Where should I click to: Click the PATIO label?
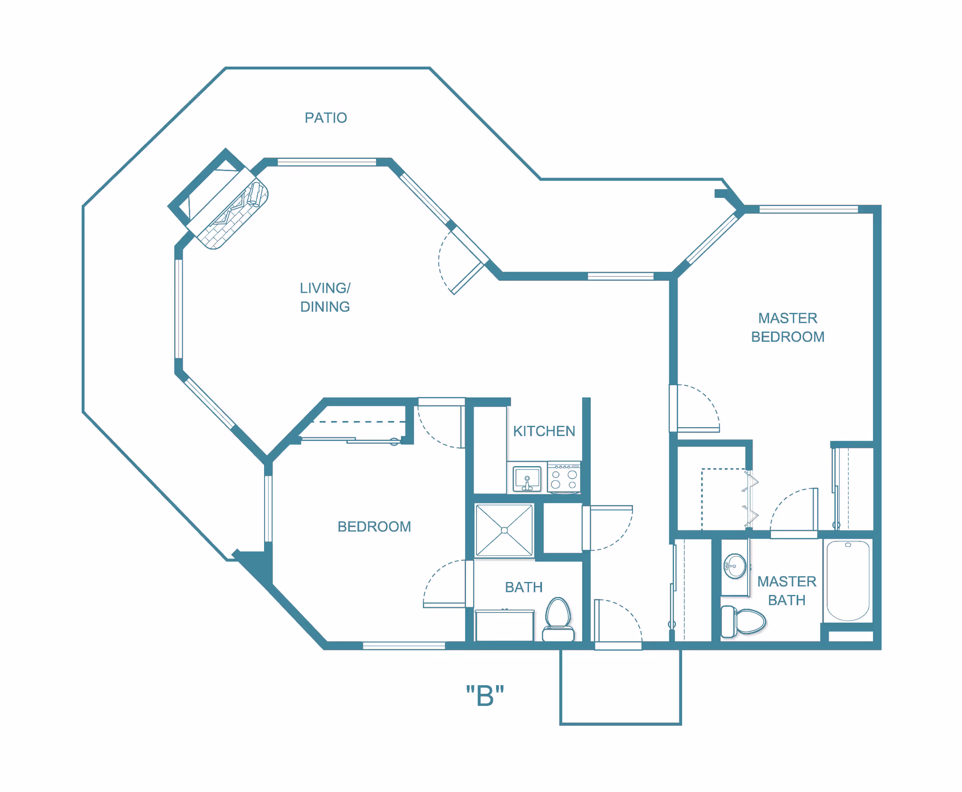click(x=326, y=118)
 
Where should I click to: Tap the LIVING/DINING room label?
click(x=325, y=297)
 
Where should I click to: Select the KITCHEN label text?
click(x=544, y=431)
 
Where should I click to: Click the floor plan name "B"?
click(x=485, y=696)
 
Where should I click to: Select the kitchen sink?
click(x=527, y=479)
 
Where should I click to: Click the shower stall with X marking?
click(x=504, y=530)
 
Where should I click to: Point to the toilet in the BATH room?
click(x=558, y=619)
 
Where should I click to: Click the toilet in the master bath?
click(x=744, y=622)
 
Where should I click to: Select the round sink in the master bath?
click(x=735, y=566)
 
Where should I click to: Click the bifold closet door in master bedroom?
click(x=750, y=499)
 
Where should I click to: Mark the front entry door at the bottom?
click(x=618, y=622)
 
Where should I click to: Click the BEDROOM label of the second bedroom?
click(x=374, y=527)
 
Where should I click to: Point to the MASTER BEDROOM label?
click(x=787, y=327)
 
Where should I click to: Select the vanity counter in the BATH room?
click(x=504, y=625)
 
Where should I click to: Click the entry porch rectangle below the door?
click(x=620, y=687)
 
